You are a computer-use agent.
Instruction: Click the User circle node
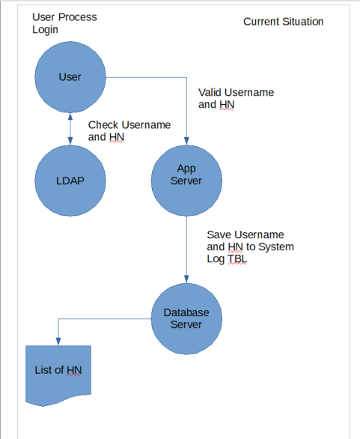[70, 77]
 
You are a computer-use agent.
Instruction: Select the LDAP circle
[70, 181]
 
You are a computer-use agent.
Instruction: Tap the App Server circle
[186, 181]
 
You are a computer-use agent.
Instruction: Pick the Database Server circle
[186, 318]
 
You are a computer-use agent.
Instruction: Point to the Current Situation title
[284, 22]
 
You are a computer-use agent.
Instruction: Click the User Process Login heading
[64, 23]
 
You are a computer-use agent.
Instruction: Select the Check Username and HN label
[129, 131]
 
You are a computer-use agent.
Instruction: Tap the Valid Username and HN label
[236, 98]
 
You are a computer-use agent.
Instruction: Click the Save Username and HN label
[250, 246]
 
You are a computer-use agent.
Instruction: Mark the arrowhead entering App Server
[186, 141]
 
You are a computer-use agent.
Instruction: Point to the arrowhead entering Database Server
[186, 279]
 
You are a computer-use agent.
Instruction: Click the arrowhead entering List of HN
[58, 342]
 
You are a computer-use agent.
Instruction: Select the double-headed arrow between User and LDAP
[70, 129]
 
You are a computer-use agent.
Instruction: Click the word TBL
[237, 258]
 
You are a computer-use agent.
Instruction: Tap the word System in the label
[276, 246]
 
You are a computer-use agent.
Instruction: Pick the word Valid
[210, 92]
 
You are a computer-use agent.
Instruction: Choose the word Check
[102, 124]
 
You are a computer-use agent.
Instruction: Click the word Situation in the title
[303, 22]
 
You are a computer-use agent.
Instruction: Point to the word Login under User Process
[45, 30]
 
